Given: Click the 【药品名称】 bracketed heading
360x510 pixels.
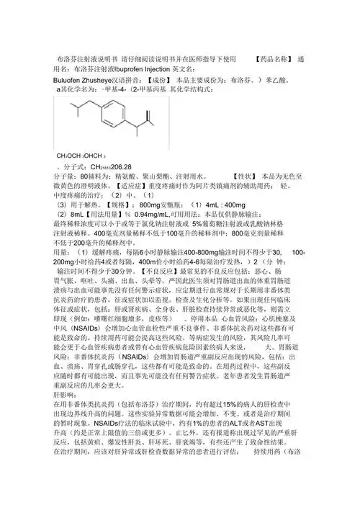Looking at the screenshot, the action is (x=273, y=58).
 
